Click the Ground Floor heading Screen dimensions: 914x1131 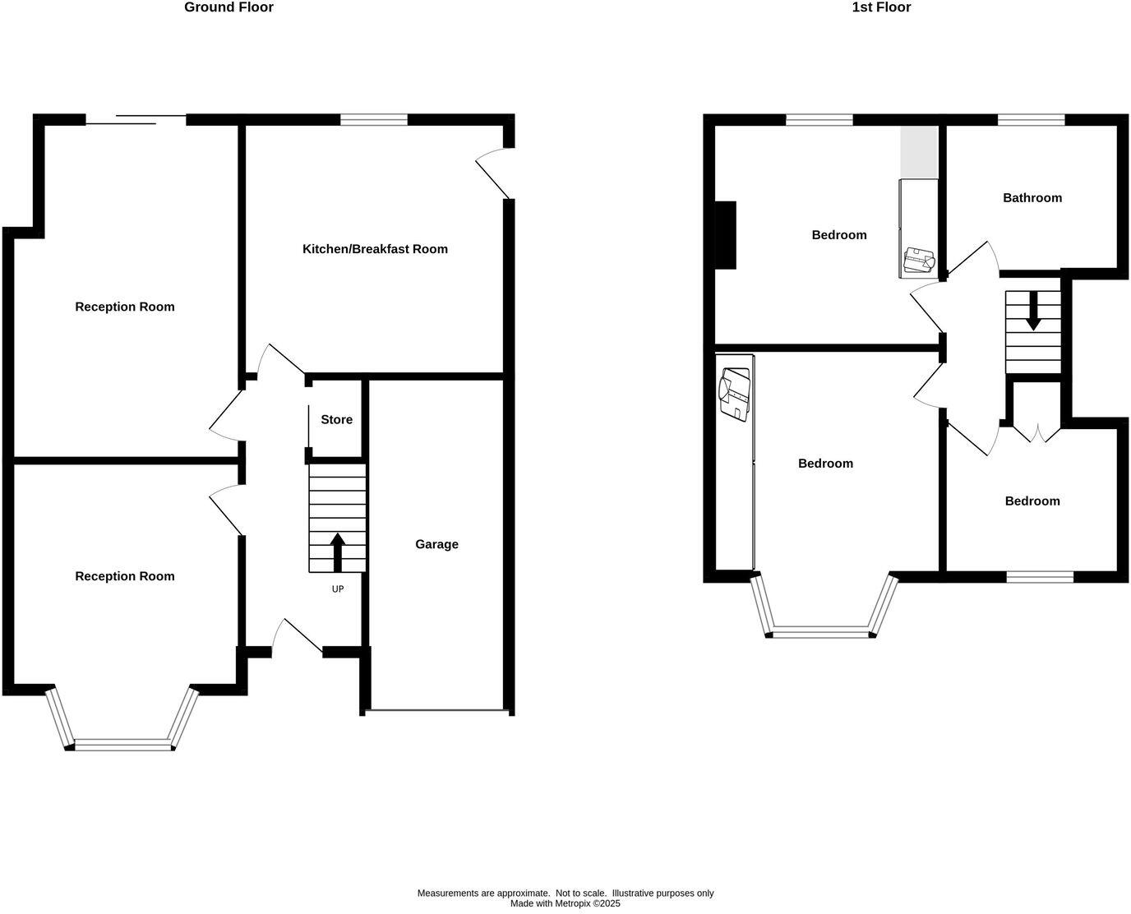pyautogui.click(x=229, y=7)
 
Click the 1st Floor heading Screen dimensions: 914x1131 pyautogui.click(x=881, y=7)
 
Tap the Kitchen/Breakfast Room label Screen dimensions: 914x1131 pyautogui.click(x=375, y=249)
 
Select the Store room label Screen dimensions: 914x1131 pyautogui.click(x=336, y=420)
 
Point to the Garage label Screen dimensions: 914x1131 pyautogui.click(x=436, y=544)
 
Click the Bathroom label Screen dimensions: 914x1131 pyautogui.click(x=1032, y=198)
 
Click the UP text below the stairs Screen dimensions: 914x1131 pyautogui.click(x=337, y=589)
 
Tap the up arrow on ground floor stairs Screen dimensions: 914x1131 pyautogui.click(x=337, y=552)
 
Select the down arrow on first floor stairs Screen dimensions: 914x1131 pyautogui.click(x=1032, y=312)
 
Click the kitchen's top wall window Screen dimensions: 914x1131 pyautogui.click(x=374, y=120)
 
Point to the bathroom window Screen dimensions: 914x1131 pyautogui.click(x=1031, y=120)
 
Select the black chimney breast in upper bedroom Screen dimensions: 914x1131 pyautogui.click(x=725, y=235)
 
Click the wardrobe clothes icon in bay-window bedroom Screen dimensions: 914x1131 pyautogui.click(x=735, y=395)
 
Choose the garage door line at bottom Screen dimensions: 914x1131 pyautogui.click(x=436, y=710)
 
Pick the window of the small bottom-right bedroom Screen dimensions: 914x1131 pyautogui.click(x=1040, y=577)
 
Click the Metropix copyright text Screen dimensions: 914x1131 pyautogui.click(x=565, y=903)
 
